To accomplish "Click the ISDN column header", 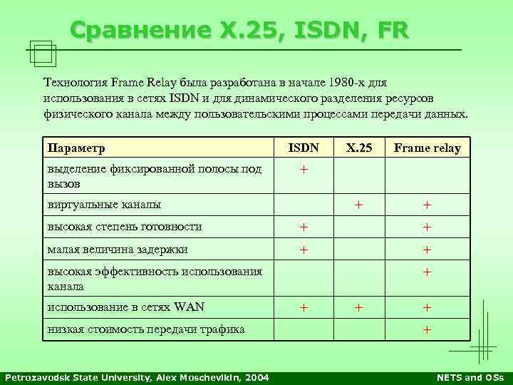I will pyautogui.click(x=304, y=148).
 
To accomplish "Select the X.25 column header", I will pyautogui.click(x=359, y=148).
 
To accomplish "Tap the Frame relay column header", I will pyautogui.click(x=427, y=148).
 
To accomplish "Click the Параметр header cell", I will pyautogui.click(x=76, y=148).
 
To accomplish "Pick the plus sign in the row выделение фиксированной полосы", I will pyautogui.click(x=304, y=171).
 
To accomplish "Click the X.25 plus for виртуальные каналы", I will pyautogui.click(x=359, y=205).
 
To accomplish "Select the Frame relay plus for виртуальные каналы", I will pyautogui.click(x=427, y=205).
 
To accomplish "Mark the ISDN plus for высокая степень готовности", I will pyautogui.click(x=304, y=227).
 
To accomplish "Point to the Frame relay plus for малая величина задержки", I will pyautogui.click(x=427, y=250).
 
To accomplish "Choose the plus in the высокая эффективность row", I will pyautogui.click(x=427, y=272).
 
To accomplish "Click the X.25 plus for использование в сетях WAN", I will pyautogui.click(x=359, y=307).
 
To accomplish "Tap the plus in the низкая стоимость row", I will pyautogui.click(x=427, y=329).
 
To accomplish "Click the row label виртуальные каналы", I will pyautogui.click(x=104, y=205).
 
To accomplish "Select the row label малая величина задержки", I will pyautogui.click(x=118, y=250).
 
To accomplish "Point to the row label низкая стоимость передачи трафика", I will pyautogui.click(x=146, y=329).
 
